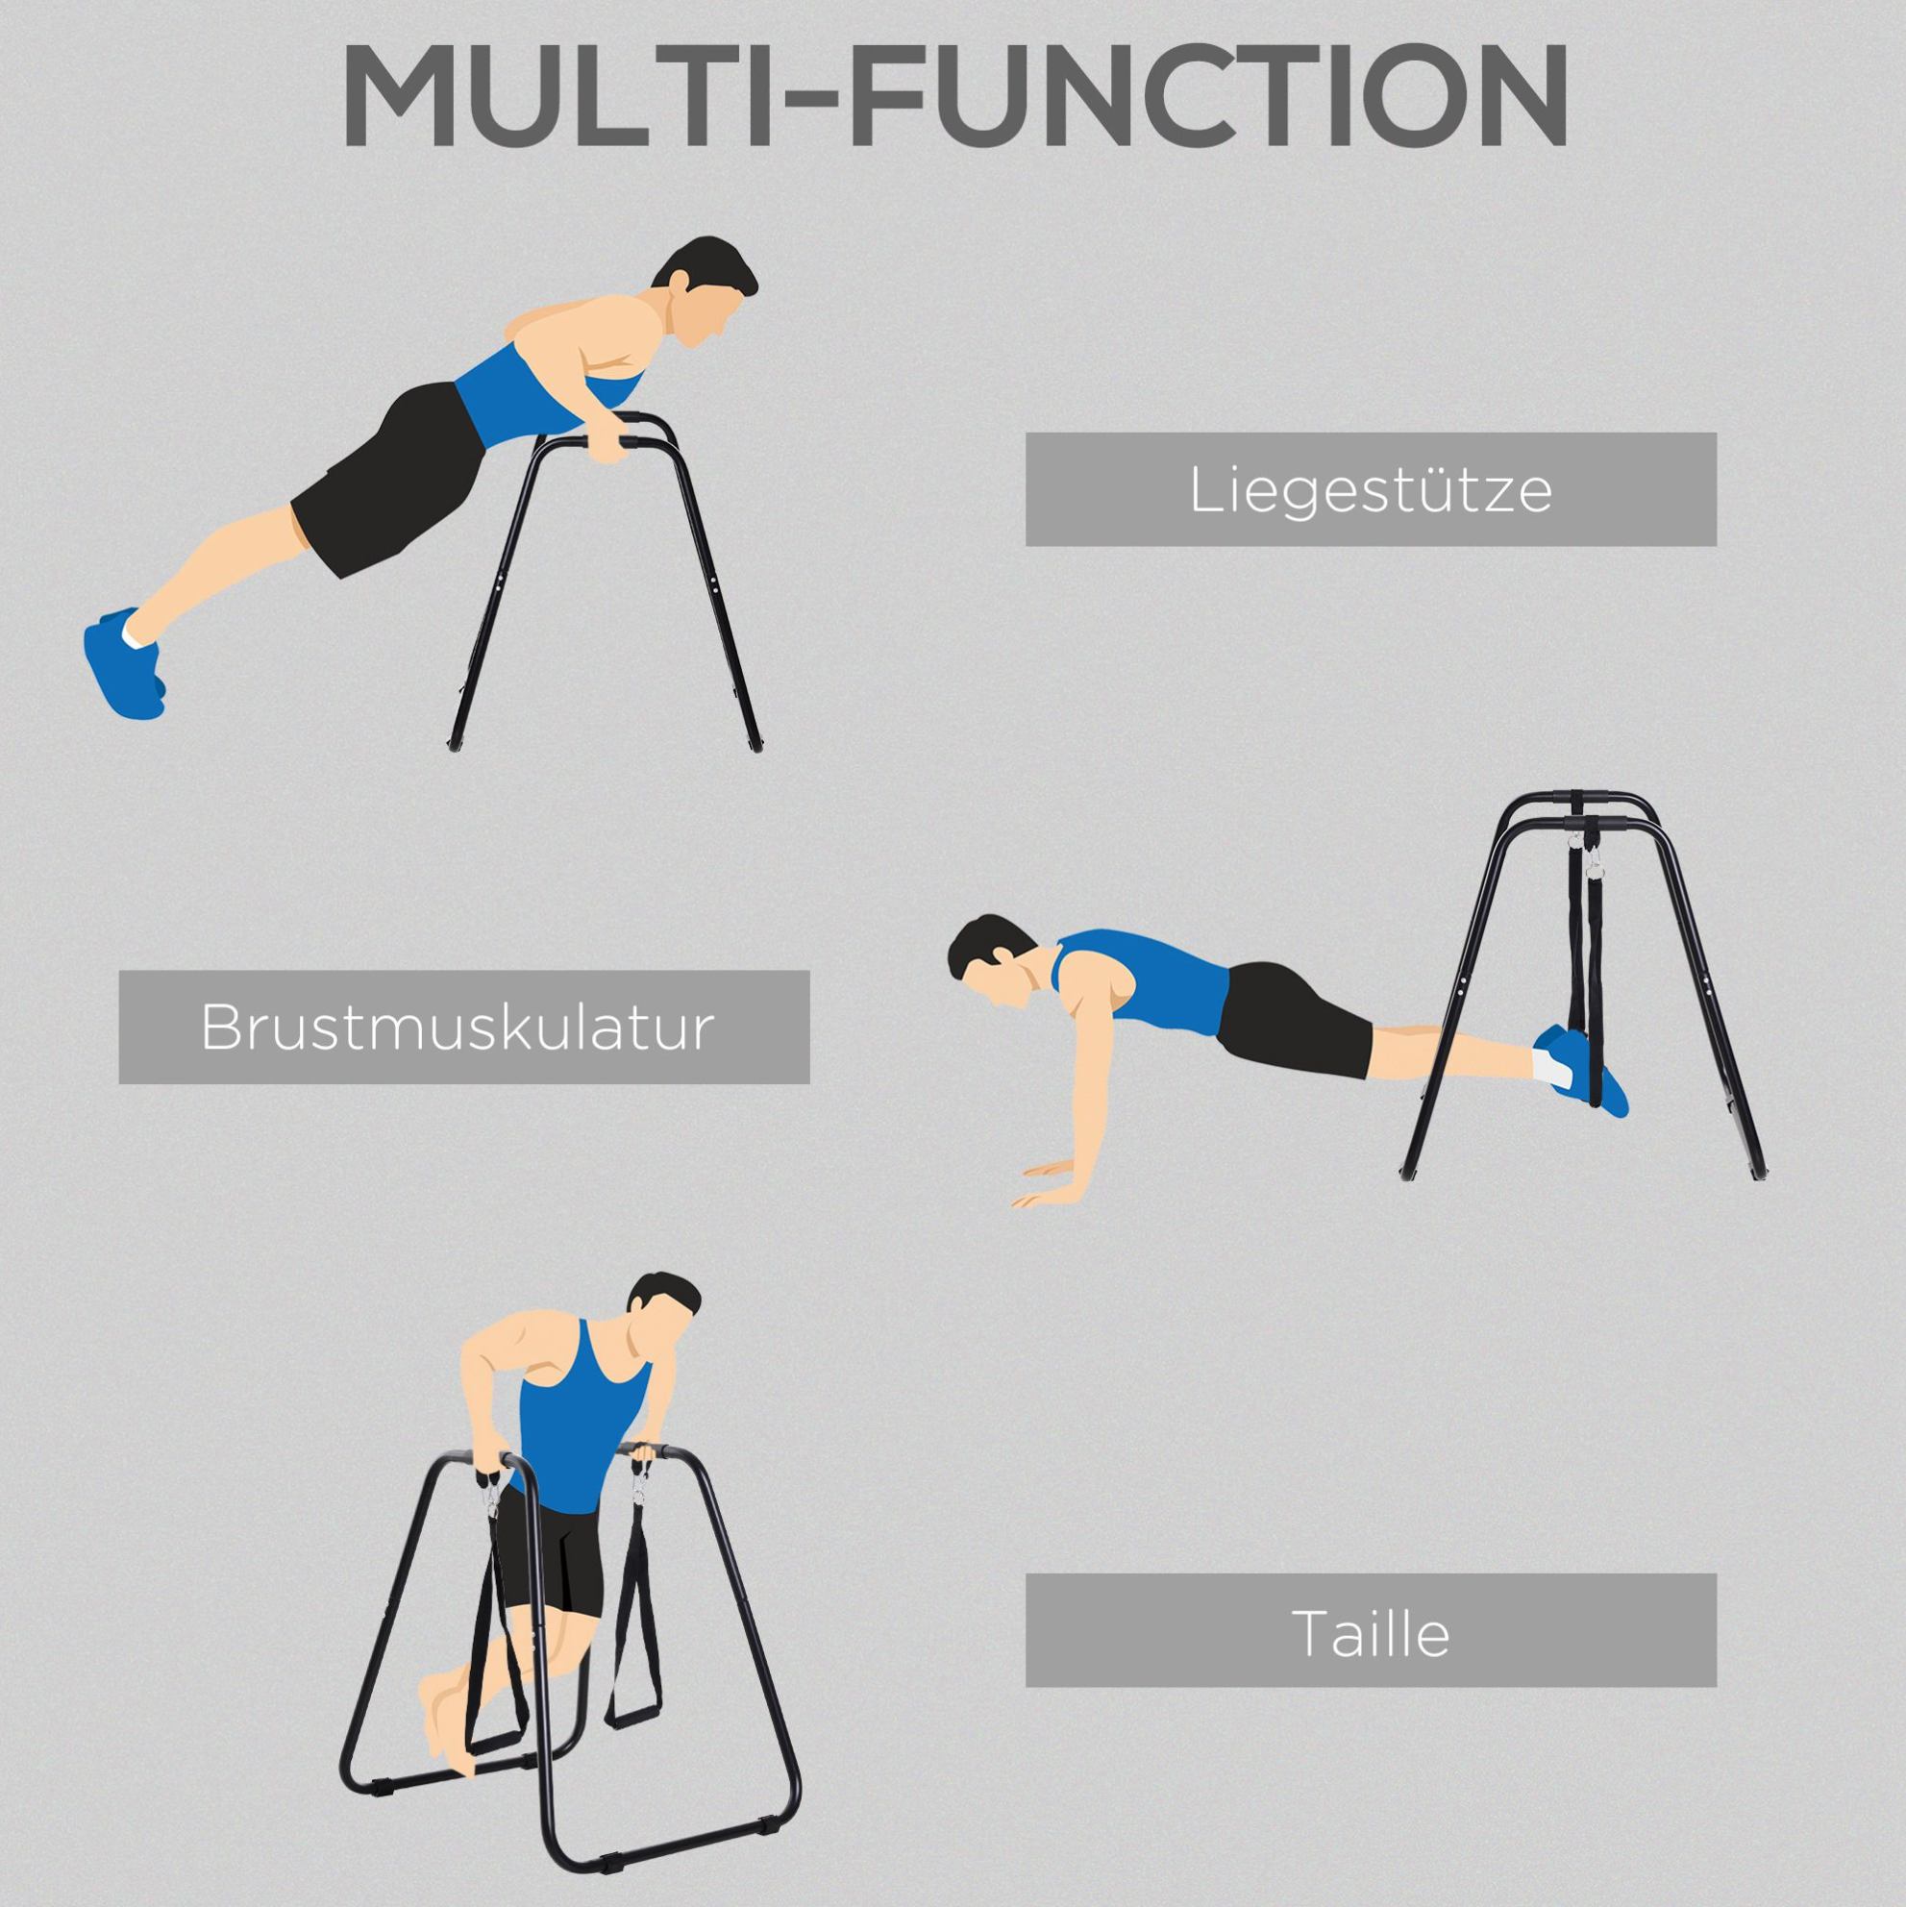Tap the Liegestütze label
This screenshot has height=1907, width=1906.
click(x=1371, y=489)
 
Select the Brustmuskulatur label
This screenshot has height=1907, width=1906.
click(x=464, y=1028)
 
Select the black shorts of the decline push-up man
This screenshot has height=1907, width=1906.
click(x=1294, y=1021)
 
